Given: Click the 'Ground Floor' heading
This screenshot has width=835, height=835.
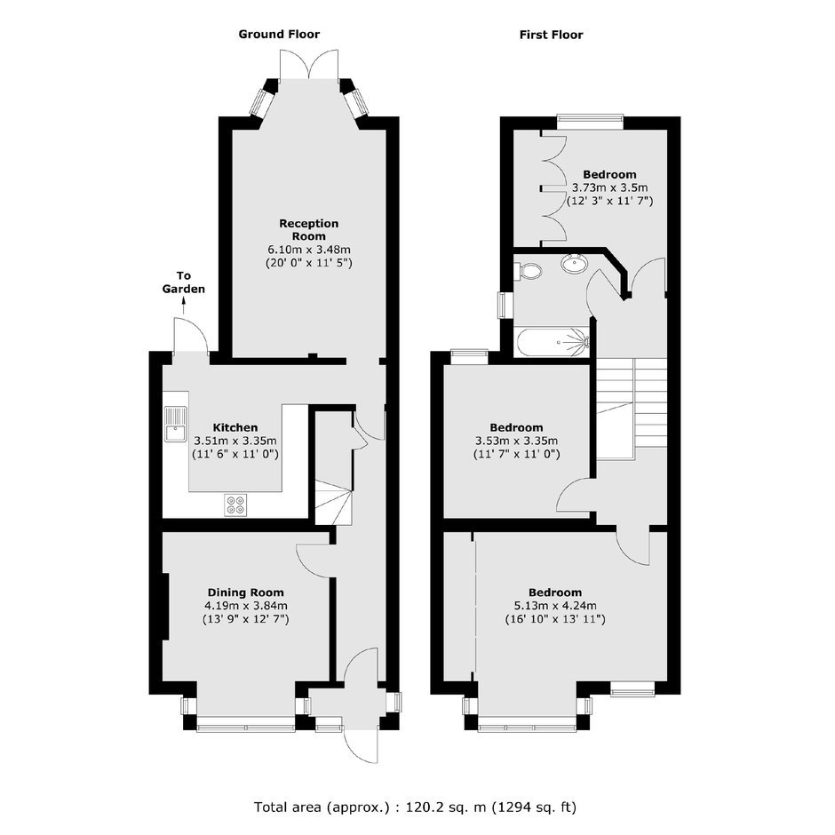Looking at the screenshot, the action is [279, 35].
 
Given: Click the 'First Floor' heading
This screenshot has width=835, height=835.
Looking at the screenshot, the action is [551, 36].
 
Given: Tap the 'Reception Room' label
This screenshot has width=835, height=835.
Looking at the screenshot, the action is [309, 229].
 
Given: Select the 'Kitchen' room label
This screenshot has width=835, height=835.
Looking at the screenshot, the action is [235, 427].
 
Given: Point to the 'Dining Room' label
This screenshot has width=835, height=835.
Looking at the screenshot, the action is [245, 592].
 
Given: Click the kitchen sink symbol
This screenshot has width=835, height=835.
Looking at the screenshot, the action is [175, 425].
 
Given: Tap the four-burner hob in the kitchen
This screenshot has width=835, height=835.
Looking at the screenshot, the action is [235, 505].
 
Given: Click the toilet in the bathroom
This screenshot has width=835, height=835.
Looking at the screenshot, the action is [528, 271].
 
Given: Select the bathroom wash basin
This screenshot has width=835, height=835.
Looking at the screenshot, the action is [574, 263].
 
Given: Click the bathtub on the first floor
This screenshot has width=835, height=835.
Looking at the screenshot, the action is [553, 342].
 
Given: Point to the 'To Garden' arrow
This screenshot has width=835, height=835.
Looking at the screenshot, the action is [184, 306].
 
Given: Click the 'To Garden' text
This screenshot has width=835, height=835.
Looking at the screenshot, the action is [184, 282].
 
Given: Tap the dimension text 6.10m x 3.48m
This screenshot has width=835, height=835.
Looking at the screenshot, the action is [309, 250].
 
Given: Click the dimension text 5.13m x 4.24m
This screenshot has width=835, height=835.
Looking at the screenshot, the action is [555, 606].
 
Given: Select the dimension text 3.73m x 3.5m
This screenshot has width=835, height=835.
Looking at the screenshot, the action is [609, 187].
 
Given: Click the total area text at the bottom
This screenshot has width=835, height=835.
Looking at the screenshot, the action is [416, 807].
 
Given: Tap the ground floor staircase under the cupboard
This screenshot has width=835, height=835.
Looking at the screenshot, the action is [334, 502].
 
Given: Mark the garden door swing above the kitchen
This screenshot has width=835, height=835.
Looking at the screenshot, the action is [191, 334].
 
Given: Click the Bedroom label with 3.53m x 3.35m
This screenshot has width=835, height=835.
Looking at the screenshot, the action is [517, 427].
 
